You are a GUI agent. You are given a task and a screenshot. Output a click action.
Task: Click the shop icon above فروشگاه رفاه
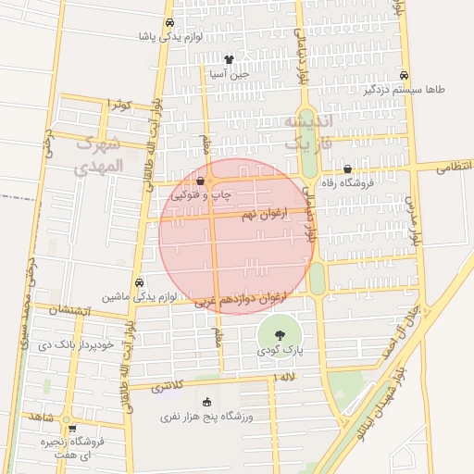347,168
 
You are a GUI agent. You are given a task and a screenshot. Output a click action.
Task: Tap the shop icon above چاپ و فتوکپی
202,181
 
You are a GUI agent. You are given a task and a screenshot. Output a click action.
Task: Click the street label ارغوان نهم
265,214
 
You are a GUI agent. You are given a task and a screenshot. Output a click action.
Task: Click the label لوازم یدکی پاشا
170,37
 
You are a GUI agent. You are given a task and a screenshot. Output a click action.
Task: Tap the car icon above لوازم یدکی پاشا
169,23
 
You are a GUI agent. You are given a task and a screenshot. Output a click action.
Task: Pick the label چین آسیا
229,74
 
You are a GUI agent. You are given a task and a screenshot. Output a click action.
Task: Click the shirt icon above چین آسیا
229,60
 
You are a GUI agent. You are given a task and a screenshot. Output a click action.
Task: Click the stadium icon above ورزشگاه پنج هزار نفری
206,402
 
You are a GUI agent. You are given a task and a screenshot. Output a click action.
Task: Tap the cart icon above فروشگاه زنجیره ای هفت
72,429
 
